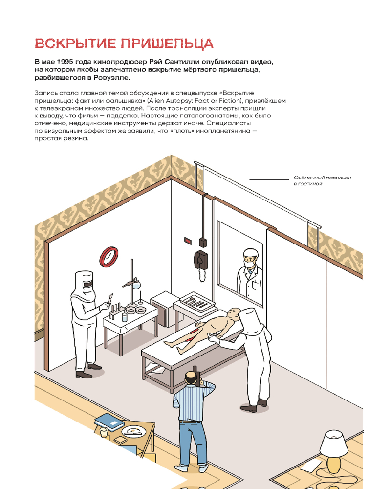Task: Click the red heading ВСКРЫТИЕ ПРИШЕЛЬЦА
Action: pyautogui.click(x=124, y=44)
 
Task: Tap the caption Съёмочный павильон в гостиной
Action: pyautogui.click(x=323, y=180)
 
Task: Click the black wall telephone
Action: pyautogui.click(x=200, y=259)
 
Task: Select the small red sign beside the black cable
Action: pyautogui.click(x=188, y=241)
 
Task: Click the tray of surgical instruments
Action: pyautogui.click(x=197, y=302)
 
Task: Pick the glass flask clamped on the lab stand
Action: pyautogui.click(x=136, y=284)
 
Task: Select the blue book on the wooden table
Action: pyautogui.click(x=109, y=421)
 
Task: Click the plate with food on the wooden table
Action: pyautogui.click(x=134, y=431)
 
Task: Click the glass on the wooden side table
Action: pyautogui.click(x=104, y=432)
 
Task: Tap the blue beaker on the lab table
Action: pyautogui.click(x=125, y=317)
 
